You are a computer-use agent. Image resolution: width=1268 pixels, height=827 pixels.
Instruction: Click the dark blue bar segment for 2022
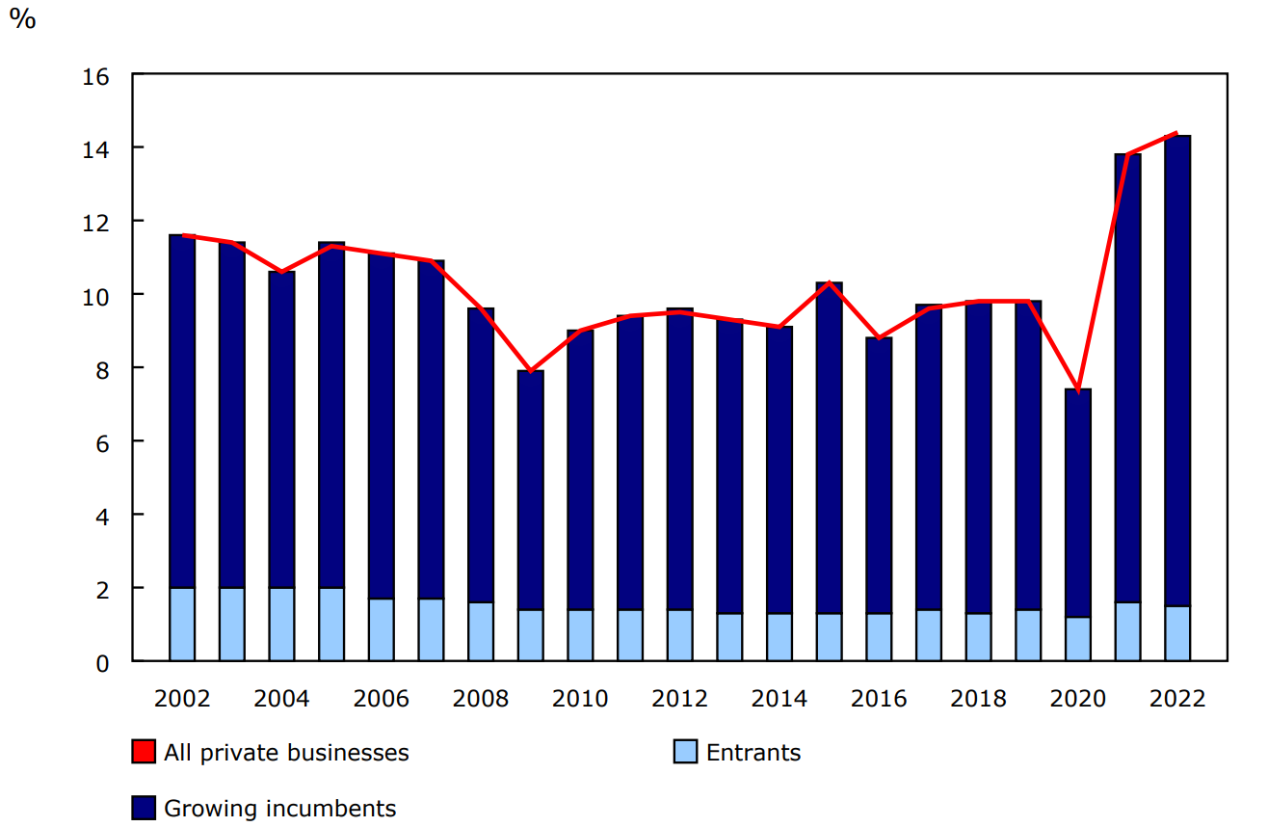pyautogui.click(x=1177, y=371)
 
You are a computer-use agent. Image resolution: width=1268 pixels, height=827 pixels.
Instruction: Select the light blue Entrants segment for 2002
pyautogui.click(x=182, y=624)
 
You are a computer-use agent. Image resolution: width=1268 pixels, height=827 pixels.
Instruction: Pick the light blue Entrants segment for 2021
pyautogui.click(x=1127, y=631)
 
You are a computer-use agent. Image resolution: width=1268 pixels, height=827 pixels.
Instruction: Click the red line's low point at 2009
pyautogui.click(x=531, y=371)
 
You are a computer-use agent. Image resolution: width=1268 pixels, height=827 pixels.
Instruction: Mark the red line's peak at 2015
pyautogui.click(x=830, y=282)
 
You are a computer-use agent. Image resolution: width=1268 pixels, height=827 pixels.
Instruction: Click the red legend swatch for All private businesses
pyautogui.click(x=144, y=752)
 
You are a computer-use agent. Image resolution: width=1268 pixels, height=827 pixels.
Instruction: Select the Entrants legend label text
pyautogui.click(x=753, y=753)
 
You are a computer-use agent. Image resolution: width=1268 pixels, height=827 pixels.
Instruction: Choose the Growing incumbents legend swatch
pyautogui.click(x=144, y=808)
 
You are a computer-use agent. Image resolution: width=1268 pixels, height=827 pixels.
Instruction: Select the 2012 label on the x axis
pyautogui.click(x=680, y=699)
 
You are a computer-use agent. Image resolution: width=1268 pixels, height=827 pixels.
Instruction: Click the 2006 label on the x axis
pyautogui.click(x=382, y=699)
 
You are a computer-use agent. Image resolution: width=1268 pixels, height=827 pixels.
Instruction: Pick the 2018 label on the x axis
pyautogui.click(x=979, y=699)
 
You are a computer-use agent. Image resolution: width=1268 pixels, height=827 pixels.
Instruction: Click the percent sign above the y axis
pyautogui.click(x=22, y=20)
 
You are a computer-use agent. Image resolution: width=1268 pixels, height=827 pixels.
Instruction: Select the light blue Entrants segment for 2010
pyautogui.click(x=581, y=635)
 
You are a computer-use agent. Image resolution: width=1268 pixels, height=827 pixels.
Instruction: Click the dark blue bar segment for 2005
pyautogui.click(x=331, y=414)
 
